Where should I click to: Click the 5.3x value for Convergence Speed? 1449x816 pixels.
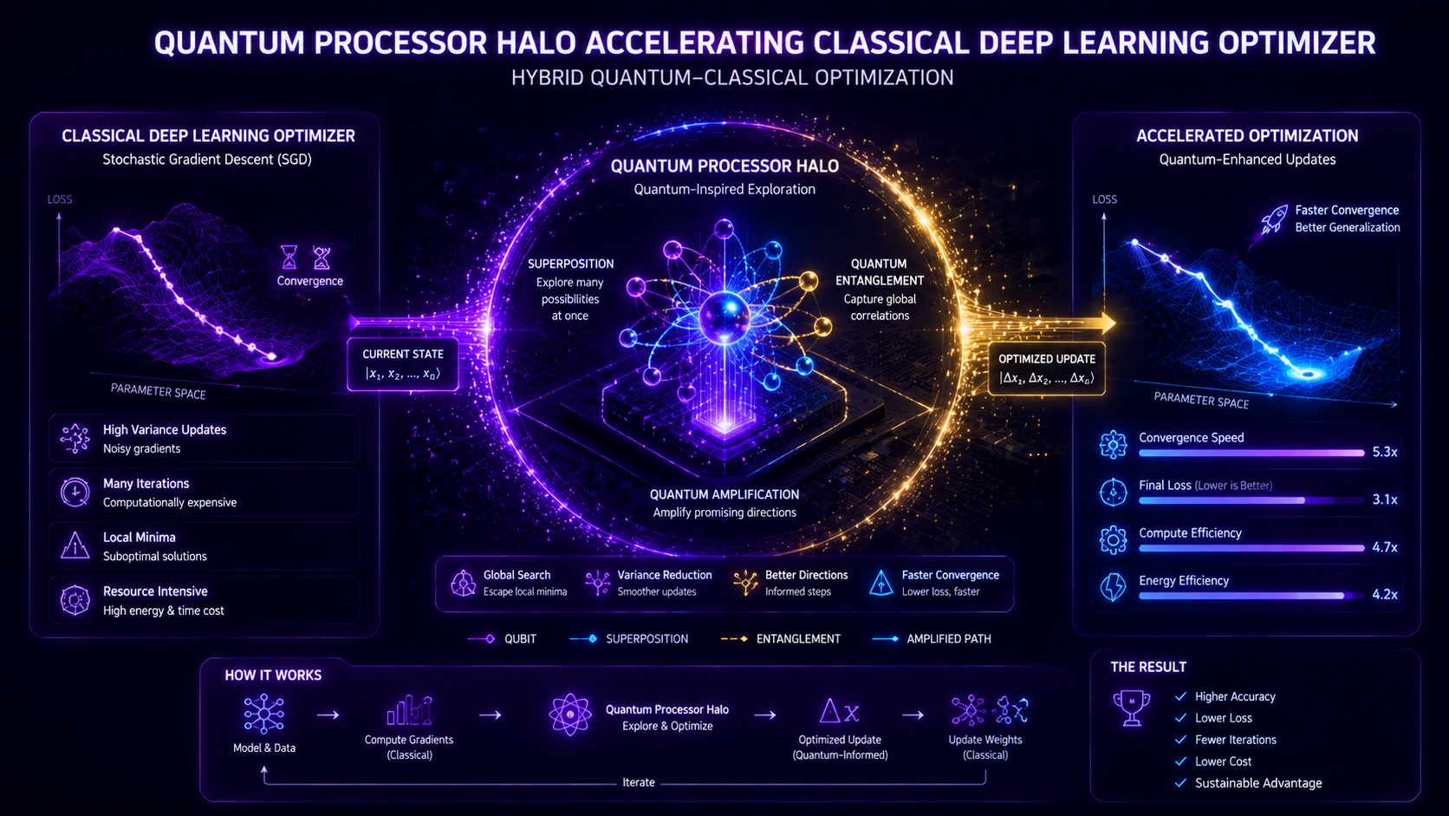[1384, 453]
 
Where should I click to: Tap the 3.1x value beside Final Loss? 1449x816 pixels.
[1384, 499]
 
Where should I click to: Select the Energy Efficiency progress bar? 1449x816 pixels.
[1251, 596]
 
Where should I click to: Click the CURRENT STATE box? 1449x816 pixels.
[403, 364]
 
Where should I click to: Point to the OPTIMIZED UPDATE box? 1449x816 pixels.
[1047, 369]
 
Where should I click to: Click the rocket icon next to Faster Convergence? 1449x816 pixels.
[1274, 220]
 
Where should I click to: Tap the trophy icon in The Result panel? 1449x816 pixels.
[1132, 708]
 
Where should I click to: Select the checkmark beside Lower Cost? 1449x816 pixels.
[1180, 761]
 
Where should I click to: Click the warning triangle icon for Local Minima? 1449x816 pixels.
[75, 545]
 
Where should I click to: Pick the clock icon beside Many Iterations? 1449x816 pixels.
[75, 493]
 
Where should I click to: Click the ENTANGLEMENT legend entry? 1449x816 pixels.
[781, 639]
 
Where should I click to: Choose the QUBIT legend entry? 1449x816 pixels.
[502, 639]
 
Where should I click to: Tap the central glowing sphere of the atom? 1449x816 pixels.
[724, 317]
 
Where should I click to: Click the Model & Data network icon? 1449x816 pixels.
[264, 715]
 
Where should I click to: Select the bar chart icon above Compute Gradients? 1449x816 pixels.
[409, 710]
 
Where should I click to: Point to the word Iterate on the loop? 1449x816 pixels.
[639, 782]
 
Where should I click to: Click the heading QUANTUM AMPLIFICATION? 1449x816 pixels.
[724, 494]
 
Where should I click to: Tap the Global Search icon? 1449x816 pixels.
[463, 583]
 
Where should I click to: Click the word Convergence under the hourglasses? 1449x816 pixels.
[310, 281]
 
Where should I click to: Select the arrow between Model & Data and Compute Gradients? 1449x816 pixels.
[328, 715]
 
